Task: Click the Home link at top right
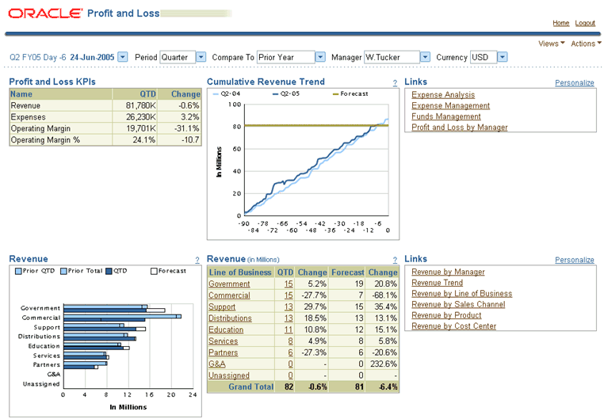coord(560,24)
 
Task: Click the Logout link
coord(585,24)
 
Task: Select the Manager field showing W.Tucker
coord(392,57)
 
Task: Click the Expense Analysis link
coord(443,95)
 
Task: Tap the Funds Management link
coord(446,116)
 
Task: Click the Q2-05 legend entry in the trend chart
coord(285,94)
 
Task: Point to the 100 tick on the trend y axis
coord(235,105)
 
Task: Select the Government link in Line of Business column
coord(229,284)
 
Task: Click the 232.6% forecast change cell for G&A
coord(384,364)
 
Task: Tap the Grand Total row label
coord(250,387)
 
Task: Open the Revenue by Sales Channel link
coord(458,304)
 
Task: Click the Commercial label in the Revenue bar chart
coord(40,318)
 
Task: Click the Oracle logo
coord(44,13)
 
